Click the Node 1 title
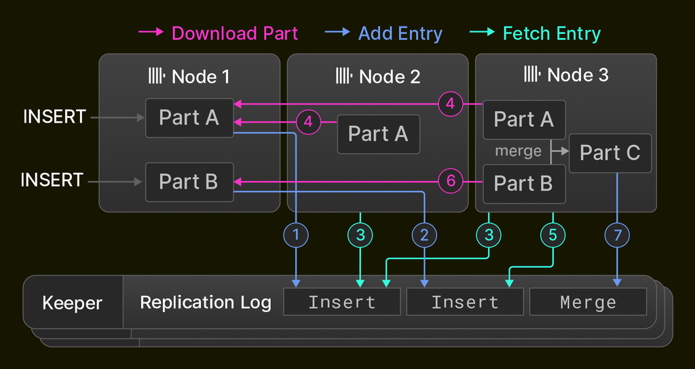[x=189, y=76]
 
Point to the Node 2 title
[x=378, y=76]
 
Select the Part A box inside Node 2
[x=378, y=134]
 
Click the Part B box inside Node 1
[x=189, y=182]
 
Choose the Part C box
[x=609, y=153]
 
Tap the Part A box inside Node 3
[x=523, y=119]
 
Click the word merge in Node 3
[x=519, y=151]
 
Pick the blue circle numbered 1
[x=296, y=235]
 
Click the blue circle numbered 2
[x=424, y=235]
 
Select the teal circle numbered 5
[x=552, y=235]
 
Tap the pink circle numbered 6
[x=450, y=181]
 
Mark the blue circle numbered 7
[x=617, y=235]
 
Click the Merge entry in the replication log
[x=588, y=302]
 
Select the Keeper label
[x=72, y=303]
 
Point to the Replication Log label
[x=205, y=303]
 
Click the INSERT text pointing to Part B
[x=52, y=180]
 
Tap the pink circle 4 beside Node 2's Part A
[x=308, y=122]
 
